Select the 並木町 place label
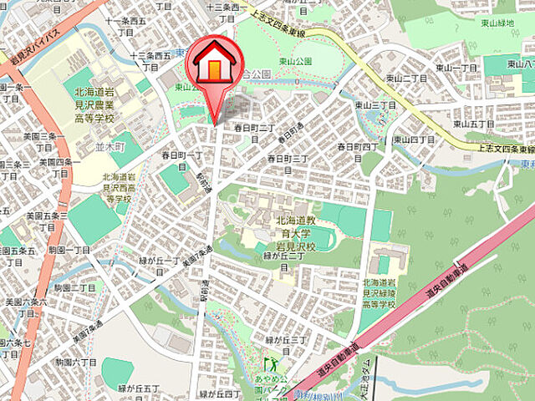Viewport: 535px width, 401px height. click(x=110, y=145)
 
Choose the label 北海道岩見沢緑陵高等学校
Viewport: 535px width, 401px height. click(x=386, y=304)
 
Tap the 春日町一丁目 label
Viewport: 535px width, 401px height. click(x=182, y=156)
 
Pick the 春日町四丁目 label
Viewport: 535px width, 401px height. click(x=357, y=146)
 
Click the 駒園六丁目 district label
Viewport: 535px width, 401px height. click(x=76, y=362)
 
